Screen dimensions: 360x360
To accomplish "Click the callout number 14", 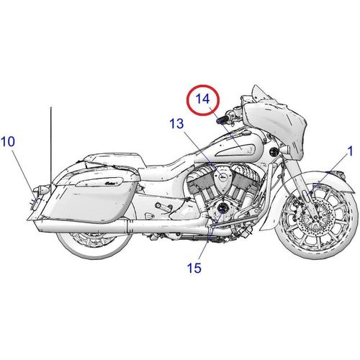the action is pyautogui.click(x=203, y=99).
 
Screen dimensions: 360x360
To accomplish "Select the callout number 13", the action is pyautogui.click(x=176, y=124).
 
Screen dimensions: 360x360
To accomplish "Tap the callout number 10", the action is pyautogui.click(x=8, y=142).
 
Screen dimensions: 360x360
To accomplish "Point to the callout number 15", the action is pyautogui.click(x=194, y=268).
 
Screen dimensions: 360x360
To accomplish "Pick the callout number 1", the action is pyautogui.click(x=351, y=151).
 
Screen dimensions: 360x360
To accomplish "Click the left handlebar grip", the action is pyautogui.click(x=222, y=120).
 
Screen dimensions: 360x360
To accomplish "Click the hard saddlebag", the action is pyautogui.click(x=89, y=200).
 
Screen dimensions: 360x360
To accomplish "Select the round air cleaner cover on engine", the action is pyautogui.click(x=222, y=177).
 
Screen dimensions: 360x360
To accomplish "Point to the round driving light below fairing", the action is pyautogui.click(x=274, y=152).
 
